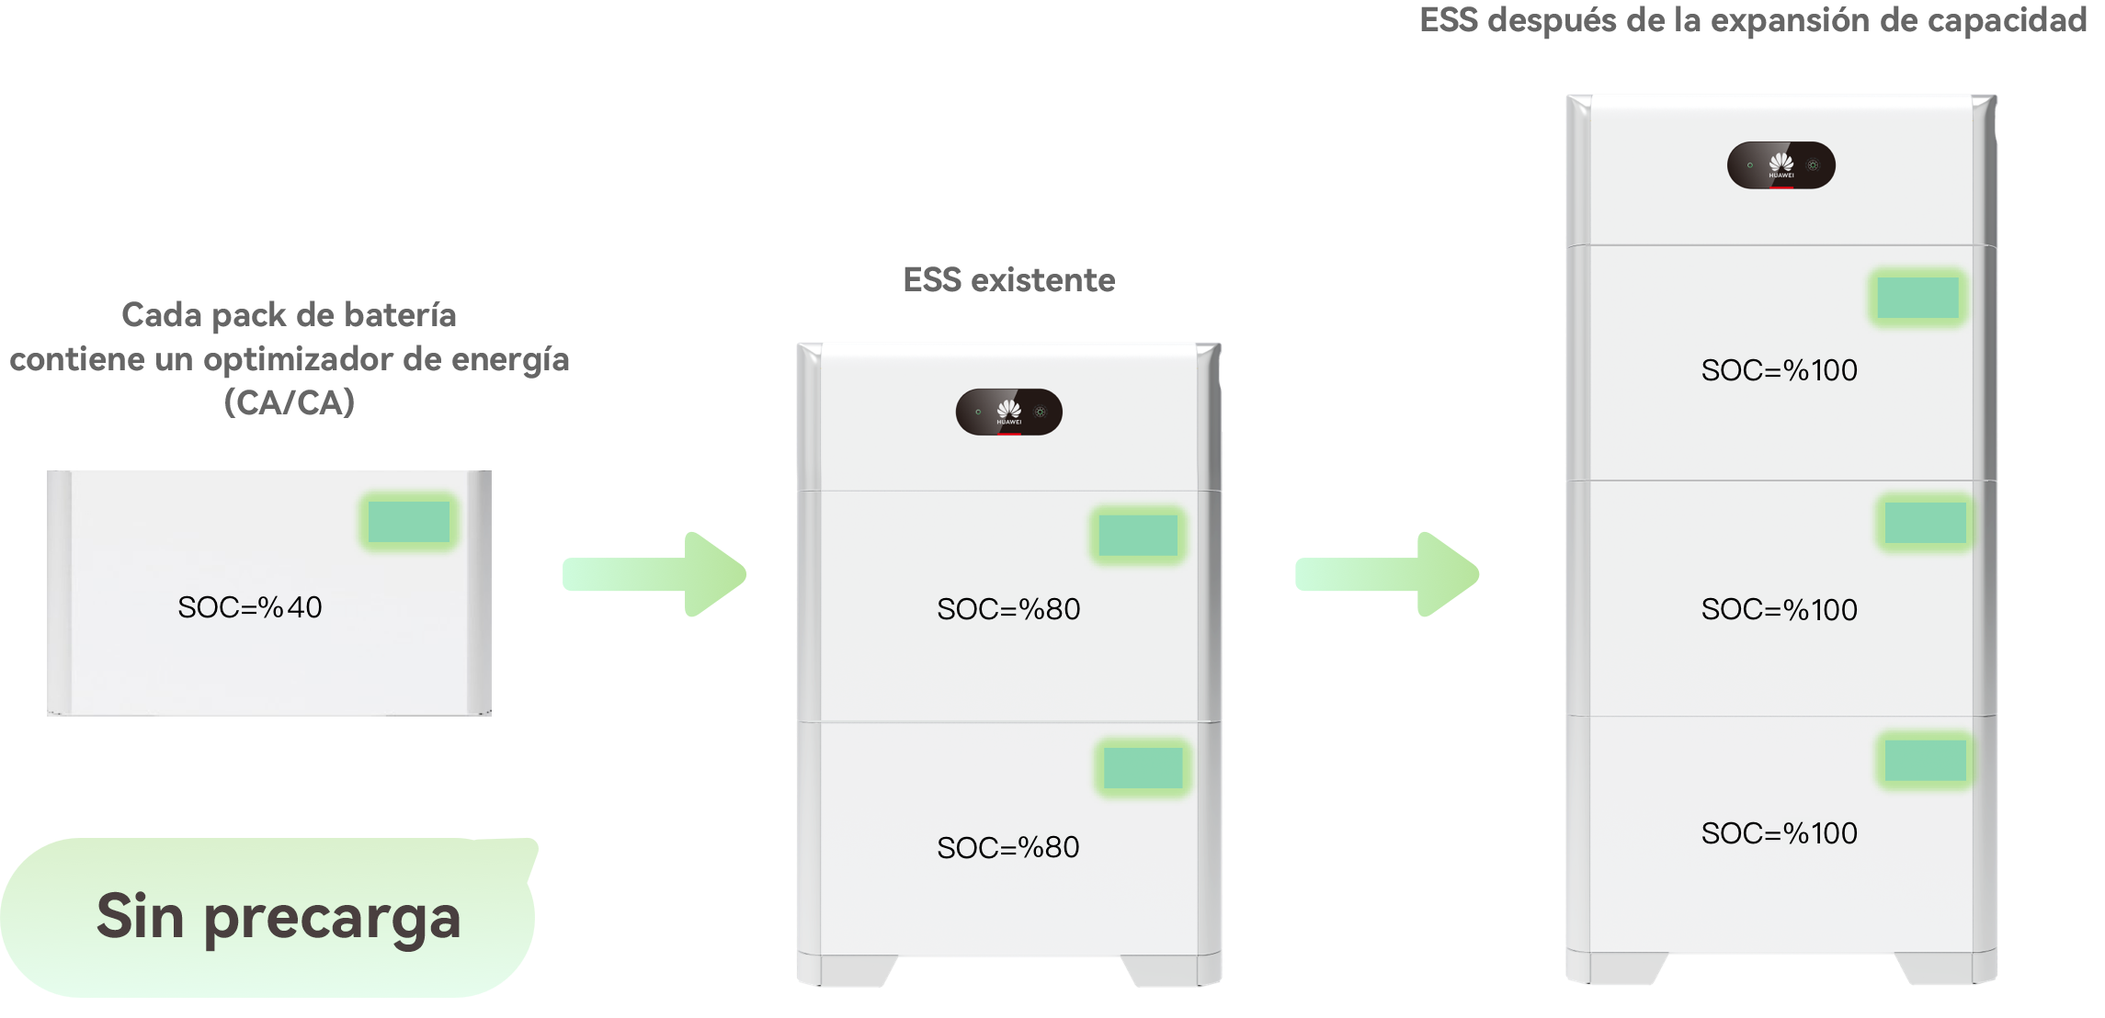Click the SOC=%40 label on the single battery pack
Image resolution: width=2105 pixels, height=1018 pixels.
[x=250, y=607]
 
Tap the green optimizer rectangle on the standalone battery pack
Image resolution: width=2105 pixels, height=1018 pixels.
[x=409, y=522]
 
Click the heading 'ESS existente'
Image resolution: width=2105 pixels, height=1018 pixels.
[x=1009, y=279]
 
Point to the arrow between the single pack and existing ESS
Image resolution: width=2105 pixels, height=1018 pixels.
[x=654, y=574]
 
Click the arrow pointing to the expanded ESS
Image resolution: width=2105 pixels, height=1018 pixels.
[x=1387, y=574]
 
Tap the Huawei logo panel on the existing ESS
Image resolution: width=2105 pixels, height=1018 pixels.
[x=1009, y=412]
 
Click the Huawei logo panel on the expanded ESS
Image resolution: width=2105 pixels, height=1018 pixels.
[x=1781, y=165]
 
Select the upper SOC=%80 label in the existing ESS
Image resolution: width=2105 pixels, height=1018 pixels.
[x=1008, y=609]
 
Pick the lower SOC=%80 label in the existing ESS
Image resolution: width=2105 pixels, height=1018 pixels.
[x=1008, y=847]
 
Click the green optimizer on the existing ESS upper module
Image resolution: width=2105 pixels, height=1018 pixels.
[x=1138, y=535]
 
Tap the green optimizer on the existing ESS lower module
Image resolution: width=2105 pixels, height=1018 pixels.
[x=1144, y=767]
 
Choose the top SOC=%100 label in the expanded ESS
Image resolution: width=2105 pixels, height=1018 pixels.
[x=1780, y=370]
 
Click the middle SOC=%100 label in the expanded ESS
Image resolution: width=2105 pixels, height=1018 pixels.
[x=1780, y=609]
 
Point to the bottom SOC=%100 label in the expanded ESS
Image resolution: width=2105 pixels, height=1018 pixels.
[x=1780, y=833]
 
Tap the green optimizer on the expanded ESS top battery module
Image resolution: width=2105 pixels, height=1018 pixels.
[x=1917, y=298]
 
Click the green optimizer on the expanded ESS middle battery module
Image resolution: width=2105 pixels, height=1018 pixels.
[x=1925, y=523]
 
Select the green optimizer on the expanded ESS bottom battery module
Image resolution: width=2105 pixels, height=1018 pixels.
[x=1925, y=760]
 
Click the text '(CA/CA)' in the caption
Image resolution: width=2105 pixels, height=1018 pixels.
[x=290, y=402]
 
